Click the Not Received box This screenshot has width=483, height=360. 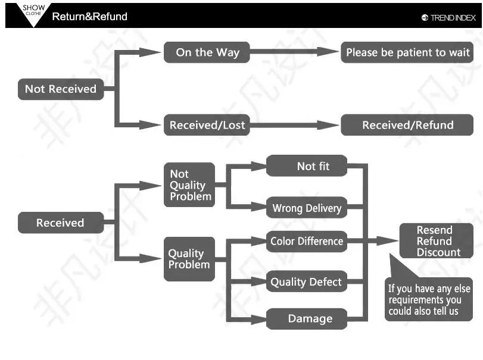pyautogui.click(x=60, y=89)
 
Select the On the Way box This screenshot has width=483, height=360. pyautogui.click(x=207, y=52)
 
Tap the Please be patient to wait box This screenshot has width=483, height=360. pyautogui.click(x=407, y=52)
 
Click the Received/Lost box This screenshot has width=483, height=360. pyautogui.click(x=207, y=126)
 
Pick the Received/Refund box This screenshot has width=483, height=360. pyautogui.click(x=407, y=126)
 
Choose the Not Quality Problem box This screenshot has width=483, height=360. pyautogui.click(x=189, y=185)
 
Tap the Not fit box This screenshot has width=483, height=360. pyautogui.click(x=306, y=166)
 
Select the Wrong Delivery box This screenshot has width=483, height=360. pyautogui.click(x=306, y=208)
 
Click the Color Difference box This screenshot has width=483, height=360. pyautogui.click(x=306, y=241)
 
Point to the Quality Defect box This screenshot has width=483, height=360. pyautogui.click(x=306, y=282)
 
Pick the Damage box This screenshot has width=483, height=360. pyautogui.click(x=306, y=318)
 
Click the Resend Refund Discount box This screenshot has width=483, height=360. pyautogui.click(x=436, y=241)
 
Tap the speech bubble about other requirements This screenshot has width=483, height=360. pyautogui.click(x=429, y=299)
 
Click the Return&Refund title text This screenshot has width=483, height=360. pyautogui.click(x=90, y=17)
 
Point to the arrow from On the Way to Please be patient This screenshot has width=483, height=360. pyautogui.click(x=295, y=52)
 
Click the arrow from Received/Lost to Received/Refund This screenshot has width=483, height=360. pyautogui.click(x=295, y=126)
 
